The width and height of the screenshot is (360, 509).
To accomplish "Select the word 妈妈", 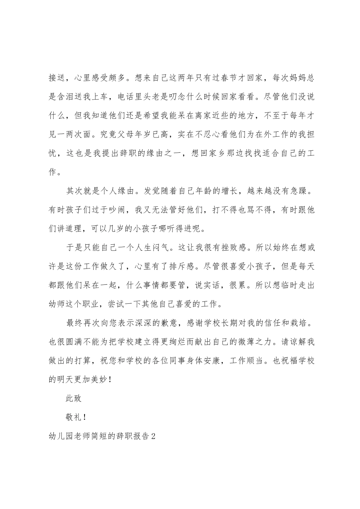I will point(297,78).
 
